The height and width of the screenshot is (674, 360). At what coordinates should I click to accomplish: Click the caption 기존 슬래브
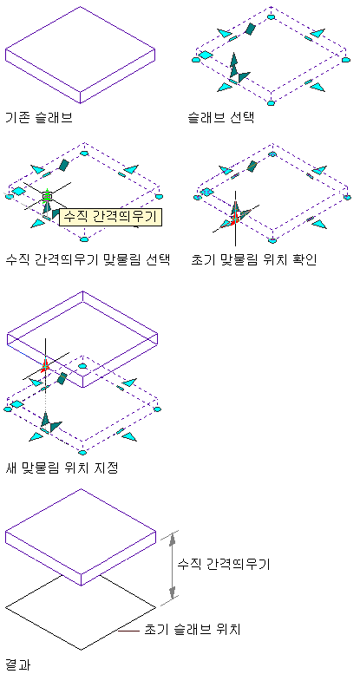39,117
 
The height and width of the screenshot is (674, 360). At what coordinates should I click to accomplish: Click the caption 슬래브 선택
221,117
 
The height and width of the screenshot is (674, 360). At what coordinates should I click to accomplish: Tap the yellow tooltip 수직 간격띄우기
110,217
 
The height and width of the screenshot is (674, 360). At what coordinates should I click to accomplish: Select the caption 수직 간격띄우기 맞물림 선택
88,260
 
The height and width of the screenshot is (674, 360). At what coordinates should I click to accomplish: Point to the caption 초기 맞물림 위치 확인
254,260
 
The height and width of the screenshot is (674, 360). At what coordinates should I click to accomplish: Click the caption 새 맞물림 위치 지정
62,468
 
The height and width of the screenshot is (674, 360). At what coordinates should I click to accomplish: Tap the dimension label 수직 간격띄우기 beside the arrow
224,564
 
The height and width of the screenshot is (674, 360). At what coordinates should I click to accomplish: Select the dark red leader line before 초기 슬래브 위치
128,631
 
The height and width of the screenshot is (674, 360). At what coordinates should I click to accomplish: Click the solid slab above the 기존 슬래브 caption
80,55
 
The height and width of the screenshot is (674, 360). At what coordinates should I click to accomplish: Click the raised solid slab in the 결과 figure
80,537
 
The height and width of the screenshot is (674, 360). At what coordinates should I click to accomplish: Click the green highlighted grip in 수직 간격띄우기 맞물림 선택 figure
47,196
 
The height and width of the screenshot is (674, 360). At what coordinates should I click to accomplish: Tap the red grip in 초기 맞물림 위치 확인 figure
234,219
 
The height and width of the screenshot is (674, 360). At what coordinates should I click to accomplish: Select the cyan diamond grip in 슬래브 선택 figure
206,55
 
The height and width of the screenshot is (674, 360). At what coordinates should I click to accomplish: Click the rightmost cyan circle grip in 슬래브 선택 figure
346,60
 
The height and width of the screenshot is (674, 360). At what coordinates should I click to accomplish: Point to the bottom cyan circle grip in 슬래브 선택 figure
271,102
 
